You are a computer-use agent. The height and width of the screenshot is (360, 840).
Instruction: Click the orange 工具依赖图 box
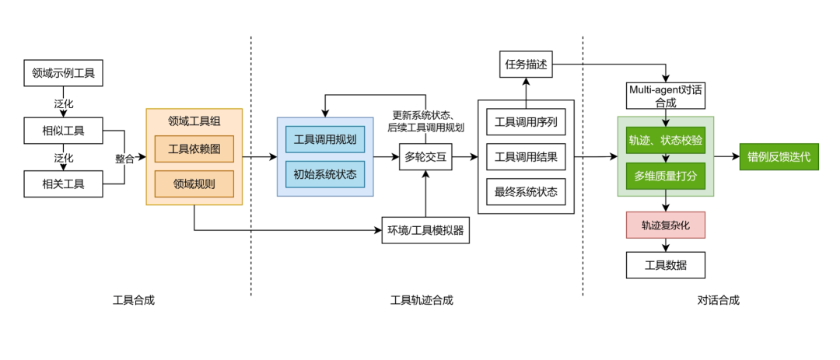(x=194, y=149)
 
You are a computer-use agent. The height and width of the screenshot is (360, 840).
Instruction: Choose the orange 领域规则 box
(x=194, y=184)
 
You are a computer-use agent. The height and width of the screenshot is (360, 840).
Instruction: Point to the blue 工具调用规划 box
(x=325, y=139)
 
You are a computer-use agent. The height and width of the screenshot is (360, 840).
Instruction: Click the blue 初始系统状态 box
(x=325, y=173)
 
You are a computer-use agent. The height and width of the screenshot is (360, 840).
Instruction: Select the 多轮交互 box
(x=425, y=157)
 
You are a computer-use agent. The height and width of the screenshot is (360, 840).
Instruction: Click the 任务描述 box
(x=525, y=65)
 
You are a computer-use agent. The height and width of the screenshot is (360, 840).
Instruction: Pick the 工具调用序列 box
(x=526, y=122)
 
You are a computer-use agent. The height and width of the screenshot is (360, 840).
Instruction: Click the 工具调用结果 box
(x=526, y=156)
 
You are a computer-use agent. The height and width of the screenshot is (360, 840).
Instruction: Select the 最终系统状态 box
(x=526, y=190)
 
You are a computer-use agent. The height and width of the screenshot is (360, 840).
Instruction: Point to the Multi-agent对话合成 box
(x=666, y=96)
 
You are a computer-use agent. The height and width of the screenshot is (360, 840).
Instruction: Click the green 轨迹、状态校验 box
(x=666, y=139)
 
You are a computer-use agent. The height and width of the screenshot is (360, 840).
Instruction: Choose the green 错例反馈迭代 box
(x=779, y=157)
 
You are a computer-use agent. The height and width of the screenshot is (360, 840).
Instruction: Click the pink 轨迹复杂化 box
(x=666, y=225)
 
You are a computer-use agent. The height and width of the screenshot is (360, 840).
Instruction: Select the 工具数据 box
(x=666, y=265)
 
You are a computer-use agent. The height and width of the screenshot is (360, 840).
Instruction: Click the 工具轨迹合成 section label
(x=422, y=300)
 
